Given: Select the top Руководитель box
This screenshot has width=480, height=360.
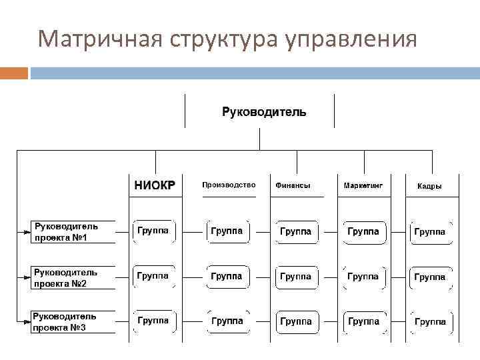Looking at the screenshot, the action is coord(264,111).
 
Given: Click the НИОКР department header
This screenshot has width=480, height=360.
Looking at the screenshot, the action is coord(155,185).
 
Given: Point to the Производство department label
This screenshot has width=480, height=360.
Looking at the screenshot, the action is coord(229,185).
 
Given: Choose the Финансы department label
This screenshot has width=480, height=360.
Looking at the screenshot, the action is coord(292,185).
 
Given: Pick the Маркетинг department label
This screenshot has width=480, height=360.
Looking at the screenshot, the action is coord(363,185).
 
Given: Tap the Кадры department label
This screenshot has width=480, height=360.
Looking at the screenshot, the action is coord(429,186).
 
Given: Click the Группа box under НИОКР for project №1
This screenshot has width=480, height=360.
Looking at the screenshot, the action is coord(153,231).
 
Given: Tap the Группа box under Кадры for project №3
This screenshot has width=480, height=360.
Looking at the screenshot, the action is coord(430,321).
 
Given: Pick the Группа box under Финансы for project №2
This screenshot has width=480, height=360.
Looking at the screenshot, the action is coord(295,276).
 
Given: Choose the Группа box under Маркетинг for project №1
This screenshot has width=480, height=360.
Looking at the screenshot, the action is coord(363,231).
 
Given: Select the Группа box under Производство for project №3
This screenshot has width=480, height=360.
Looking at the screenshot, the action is coord(227,321).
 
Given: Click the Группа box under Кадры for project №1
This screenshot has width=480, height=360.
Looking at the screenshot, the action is coord(430,232).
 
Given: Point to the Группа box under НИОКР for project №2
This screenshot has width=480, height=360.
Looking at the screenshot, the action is coord(153,275).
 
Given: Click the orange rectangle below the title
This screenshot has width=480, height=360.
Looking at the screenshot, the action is coord(14,73).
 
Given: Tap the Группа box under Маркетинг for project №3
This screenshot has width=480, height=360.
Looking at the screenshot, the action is coord(363,321).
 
